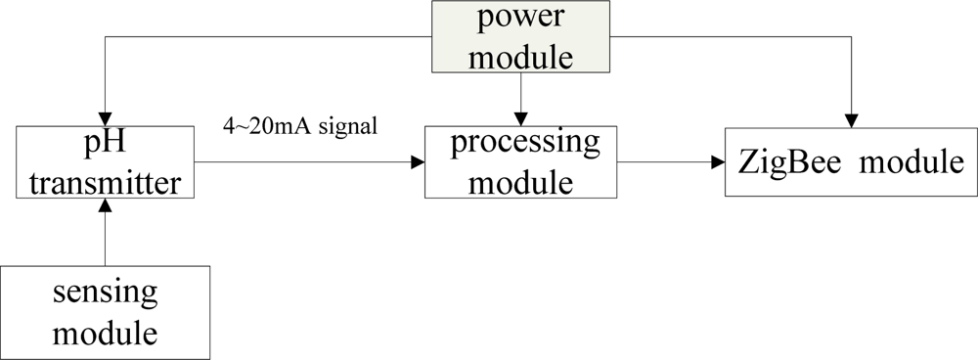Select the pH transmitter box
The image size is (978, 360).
point(106,163)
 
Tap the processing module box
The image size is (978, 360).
point(520,161)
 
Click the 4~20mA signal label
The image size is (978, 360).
point(300,128)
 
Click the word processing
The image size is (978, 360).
point(524,143)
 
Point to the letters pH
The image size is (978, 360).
point(105,145)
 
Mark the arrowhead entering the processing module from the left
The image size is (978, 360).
point(418,161)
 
